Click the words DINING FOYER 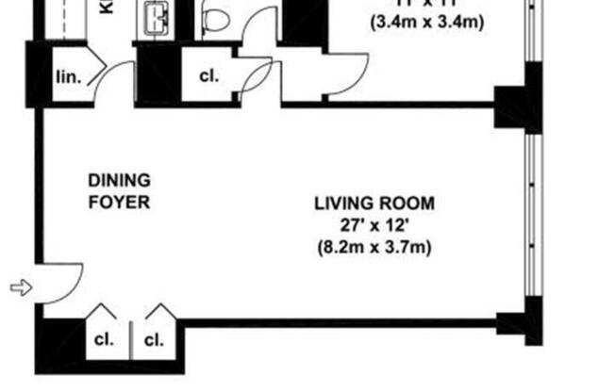(119, 190)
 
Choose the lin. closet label (67, 77)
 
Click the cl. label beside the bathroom (208, 77)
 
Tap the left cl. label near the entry (101, 339)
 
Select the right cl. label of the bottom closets (153, 339)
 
